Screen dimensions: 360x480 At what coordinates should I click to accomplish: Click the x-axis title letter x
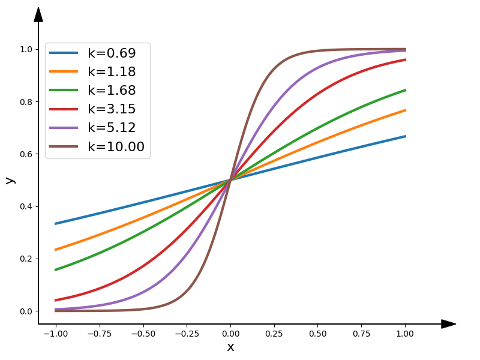click(230, 347)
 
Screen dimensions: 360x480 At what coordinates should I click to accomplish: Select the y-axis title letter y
click(10, 180)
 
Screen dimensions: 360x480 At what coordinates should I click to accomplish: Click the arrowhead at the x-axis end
click(449, 324)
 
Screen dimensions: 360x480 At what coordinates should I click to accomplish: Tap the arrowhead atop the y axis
click(38, 14)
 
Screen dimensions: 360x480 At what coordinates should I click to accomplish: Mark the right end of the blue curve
click(406, 136)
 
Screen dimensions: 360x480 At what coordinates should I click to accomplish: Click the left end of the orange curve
click(56, 250)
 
